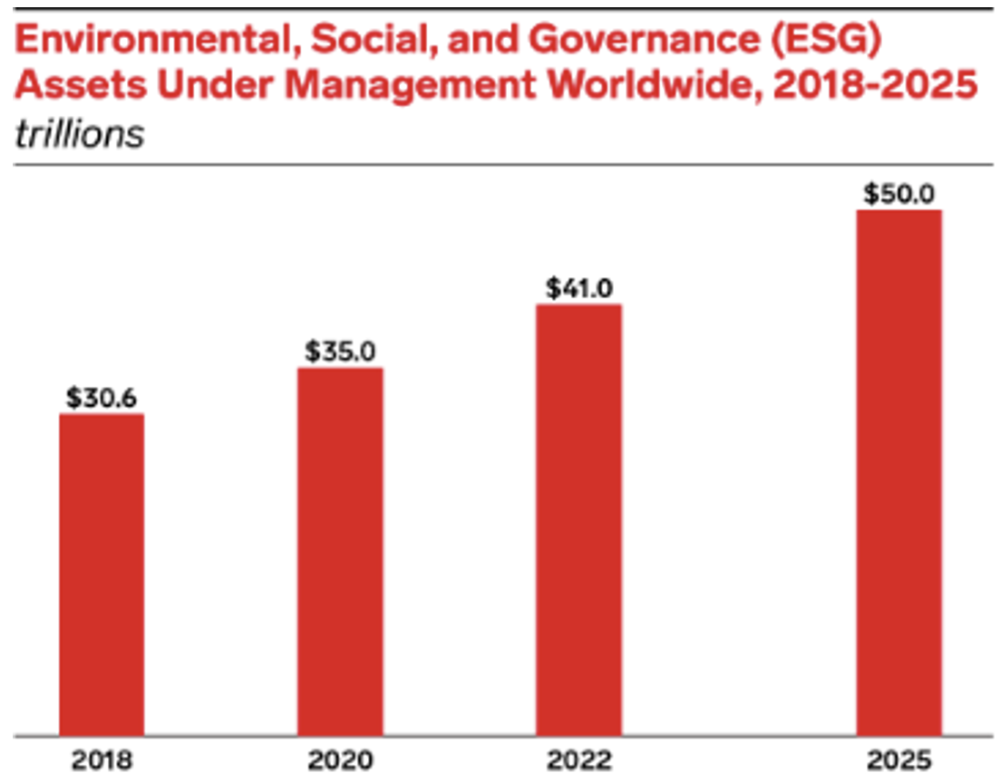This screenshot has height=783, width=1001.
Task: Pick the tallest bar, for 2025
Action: click(x=899, y=472)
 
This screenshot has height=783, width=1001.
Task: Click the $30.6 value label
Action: click(x=102, y=398)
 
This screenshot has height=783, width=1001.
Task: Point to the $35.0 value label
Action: click(x=340, y=352)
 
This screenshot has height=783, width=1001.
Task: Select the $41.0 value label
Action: click(x=579, y=288)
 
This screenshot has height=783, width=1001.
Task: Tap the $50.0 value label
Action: click(x=899, y=194)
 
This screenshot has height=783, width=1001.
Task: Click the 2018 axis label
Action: click(x=102, y=759)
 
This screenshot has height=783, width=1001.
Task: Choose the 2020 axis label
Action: click(x=340, y=759)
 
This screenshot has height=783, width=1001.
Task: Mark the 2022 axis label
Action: click(x=578, y=759)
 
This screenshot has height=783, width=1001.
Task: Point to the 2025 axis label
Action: click(x=899, y=759)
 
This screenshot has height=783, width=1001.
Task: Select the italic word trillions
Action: click(x=80, y=133)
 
